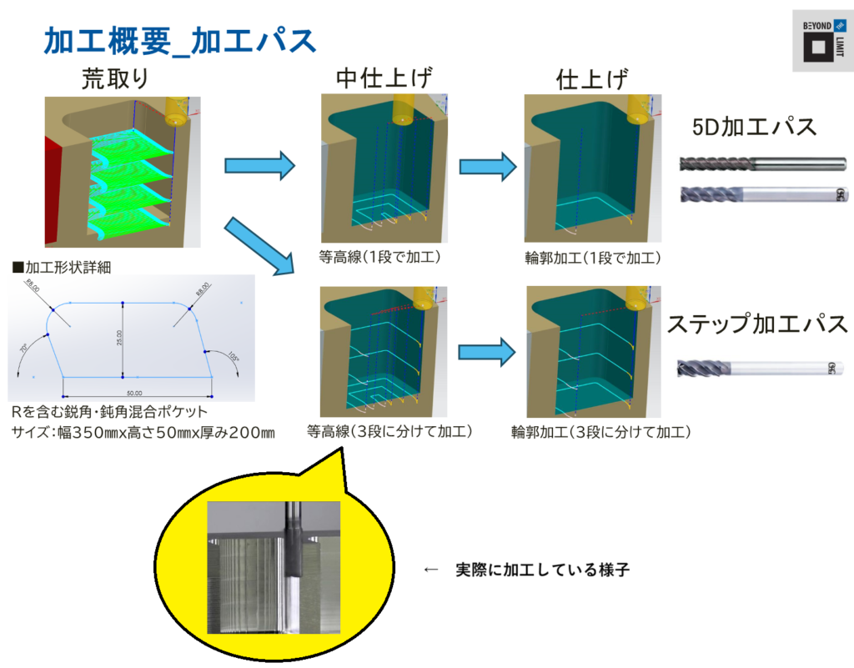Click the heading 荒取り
pyautogui.click(x=115, y=78)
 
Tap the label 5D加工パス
pyautogui.click(x=754, y=128)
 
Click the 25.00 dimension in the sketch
pyautogui.click(x=118, y=338)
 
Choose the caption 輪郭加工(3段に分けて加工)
pyautogui.click(x=601, y=432)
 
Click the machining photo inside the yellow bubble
pyautogui.click(x=274, y=567)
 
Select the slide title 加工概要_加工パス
pyautogui.click(x=179, y=40)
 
